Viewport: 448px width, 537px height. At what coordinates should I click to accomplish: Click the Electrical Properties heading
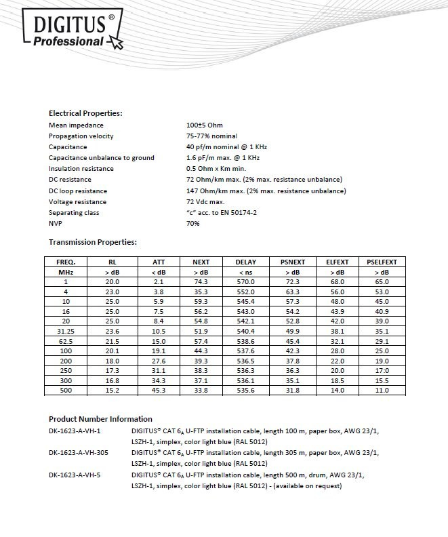85,113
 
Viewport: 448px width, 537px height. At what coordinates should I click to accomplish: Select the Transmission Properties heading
93,241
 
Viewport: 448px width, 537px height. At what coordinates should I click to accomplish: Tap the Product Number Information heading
100,419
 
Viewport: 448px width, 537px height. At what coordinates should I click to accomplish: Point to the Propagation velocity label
81,136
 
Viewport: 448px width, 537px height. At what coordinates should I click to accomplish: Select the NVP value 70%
193,224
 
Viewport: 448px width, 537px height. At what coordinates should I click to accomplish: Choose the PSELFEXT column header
382,262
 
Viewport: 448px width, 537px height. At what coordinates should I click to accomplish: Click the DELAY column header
245,262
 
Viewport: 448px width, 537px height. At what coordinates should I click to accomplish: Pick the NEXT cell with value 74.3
201,281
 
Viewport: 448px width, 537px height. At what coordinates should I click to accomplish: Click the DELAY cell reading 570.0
245,281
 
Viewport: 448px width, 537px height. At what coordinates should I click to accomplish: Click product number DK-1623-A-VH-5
76,475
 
